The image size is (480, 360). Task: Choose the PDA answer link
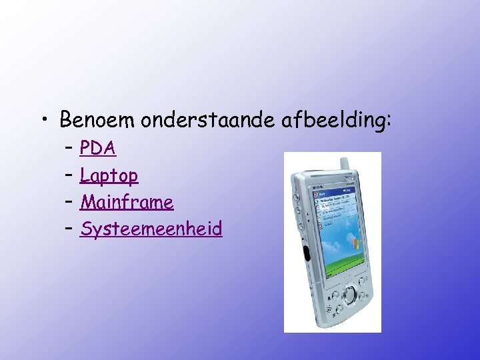(97, 148)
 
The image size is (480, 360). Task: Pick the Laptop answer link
(109, 175)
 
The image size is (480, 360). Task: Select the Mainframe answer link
(127, 202)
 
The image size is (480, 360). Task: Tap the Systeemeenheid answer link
(151, 229)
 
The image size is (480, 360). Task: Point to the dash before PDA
(69, 148)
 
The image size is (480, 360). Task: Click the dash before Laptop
(69, 175)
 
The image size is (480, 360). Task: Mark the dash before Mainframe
(69, 202)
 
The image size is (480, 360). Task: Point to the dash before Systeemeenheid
(69, 229)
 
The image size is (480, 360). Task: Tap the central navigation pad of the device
(349, 293)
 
